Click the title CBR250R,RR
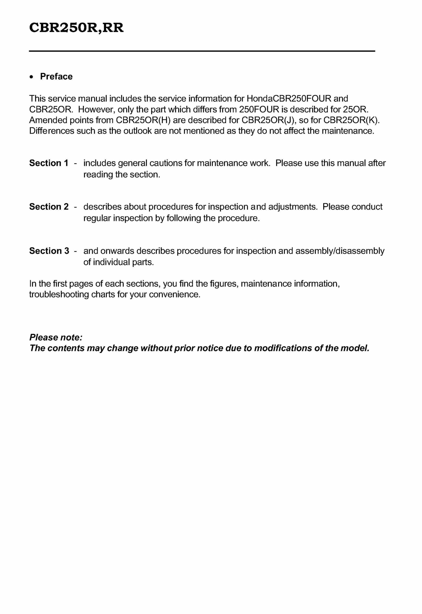click(76, 28)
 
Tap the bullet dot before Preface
click(32, 77)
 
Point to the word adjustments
click(293, 207)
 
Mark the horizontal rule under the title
click(202, 51)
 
